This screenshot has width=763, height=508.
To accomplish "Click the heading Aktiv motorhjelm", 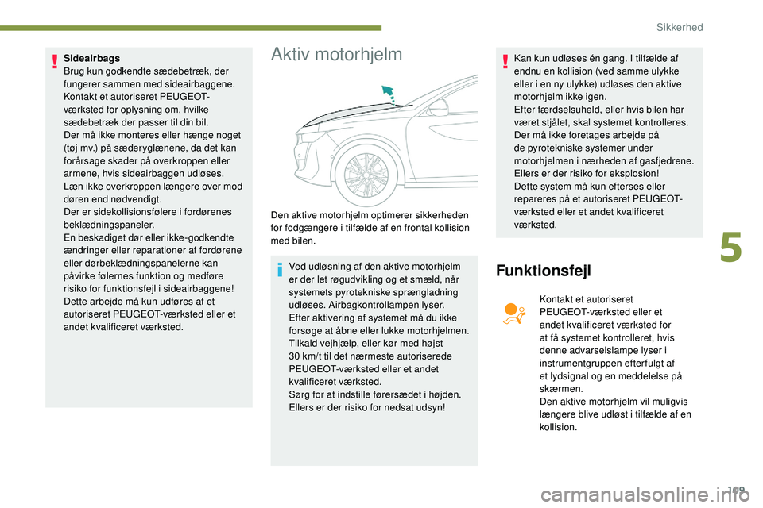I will [336, 55].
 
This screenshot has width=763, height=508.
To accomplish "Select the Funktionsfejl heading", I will [544, 271].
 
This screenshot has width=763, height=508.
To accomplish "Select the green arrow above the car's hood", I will [388, 94].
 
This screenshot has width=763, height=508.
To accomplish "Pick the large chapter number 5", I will [731, 244].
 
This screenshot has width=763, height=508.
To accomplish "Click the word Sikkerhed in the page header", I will [680, 27].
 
